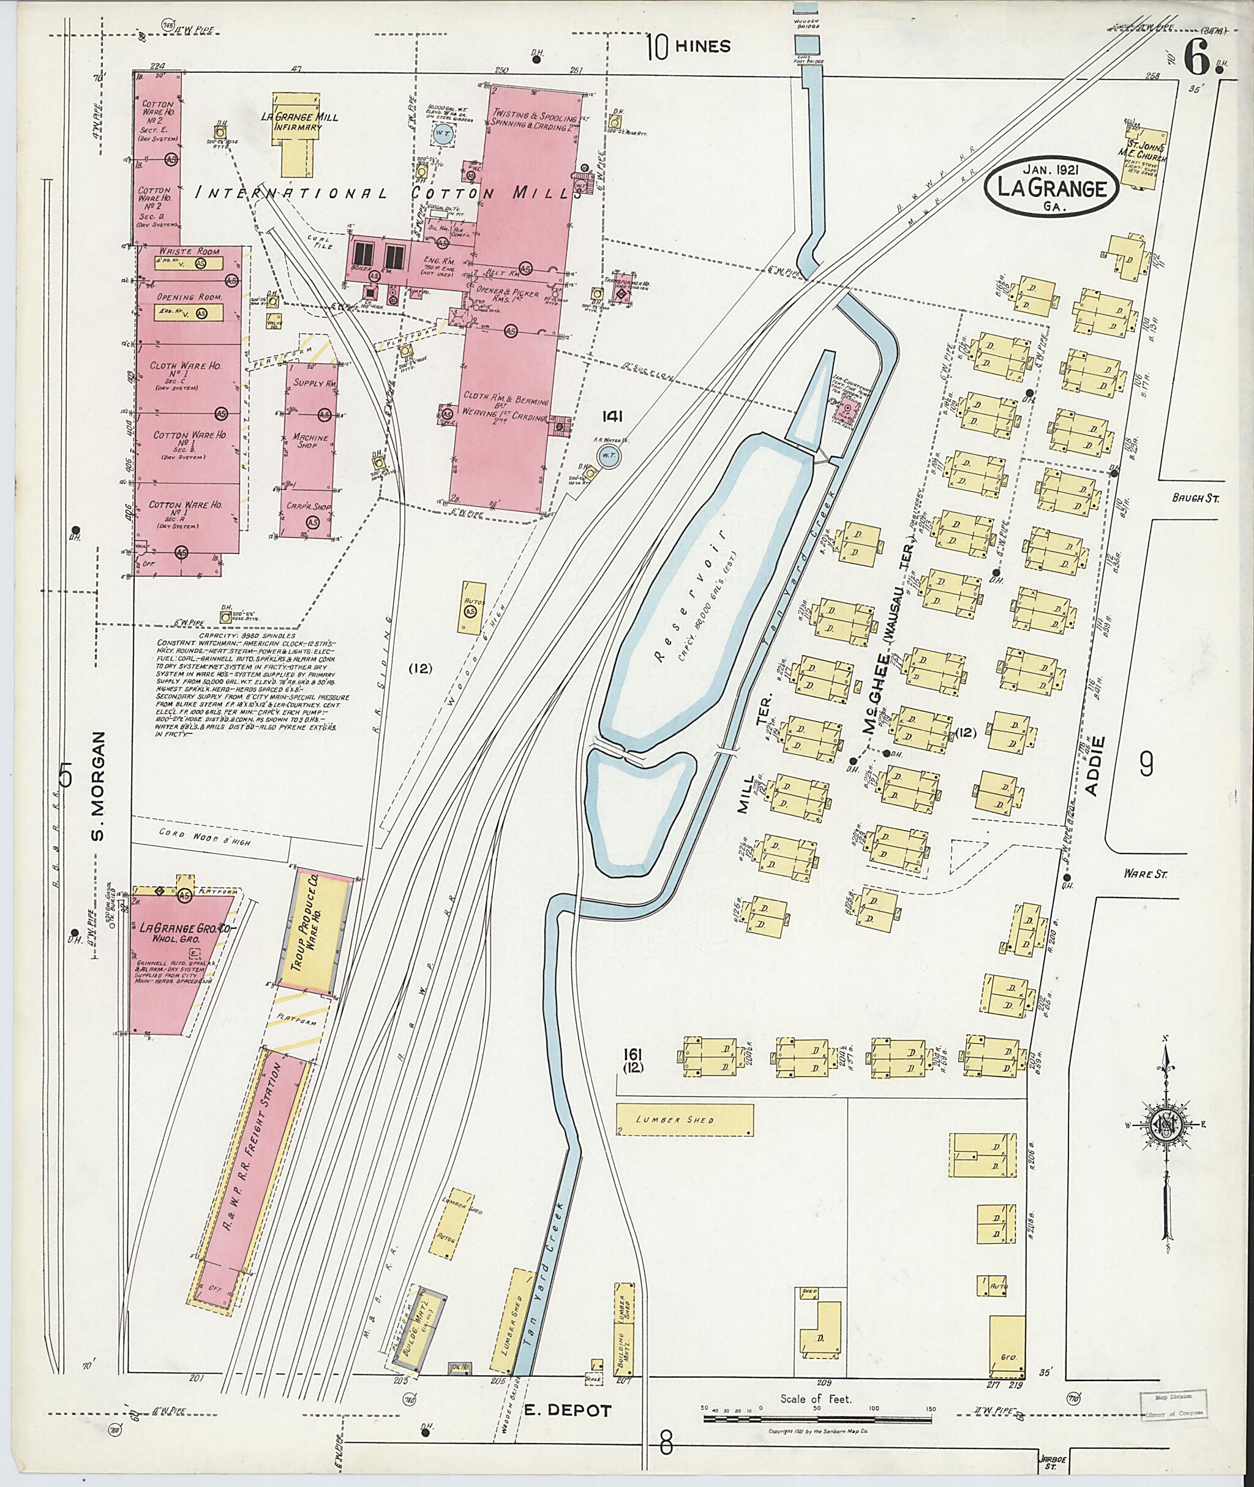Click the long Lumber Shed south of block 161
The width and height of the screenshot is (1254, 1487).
(x=684, y=1120)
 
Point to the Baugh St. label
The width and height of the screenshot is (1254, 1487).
(x=1195, y=499)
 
